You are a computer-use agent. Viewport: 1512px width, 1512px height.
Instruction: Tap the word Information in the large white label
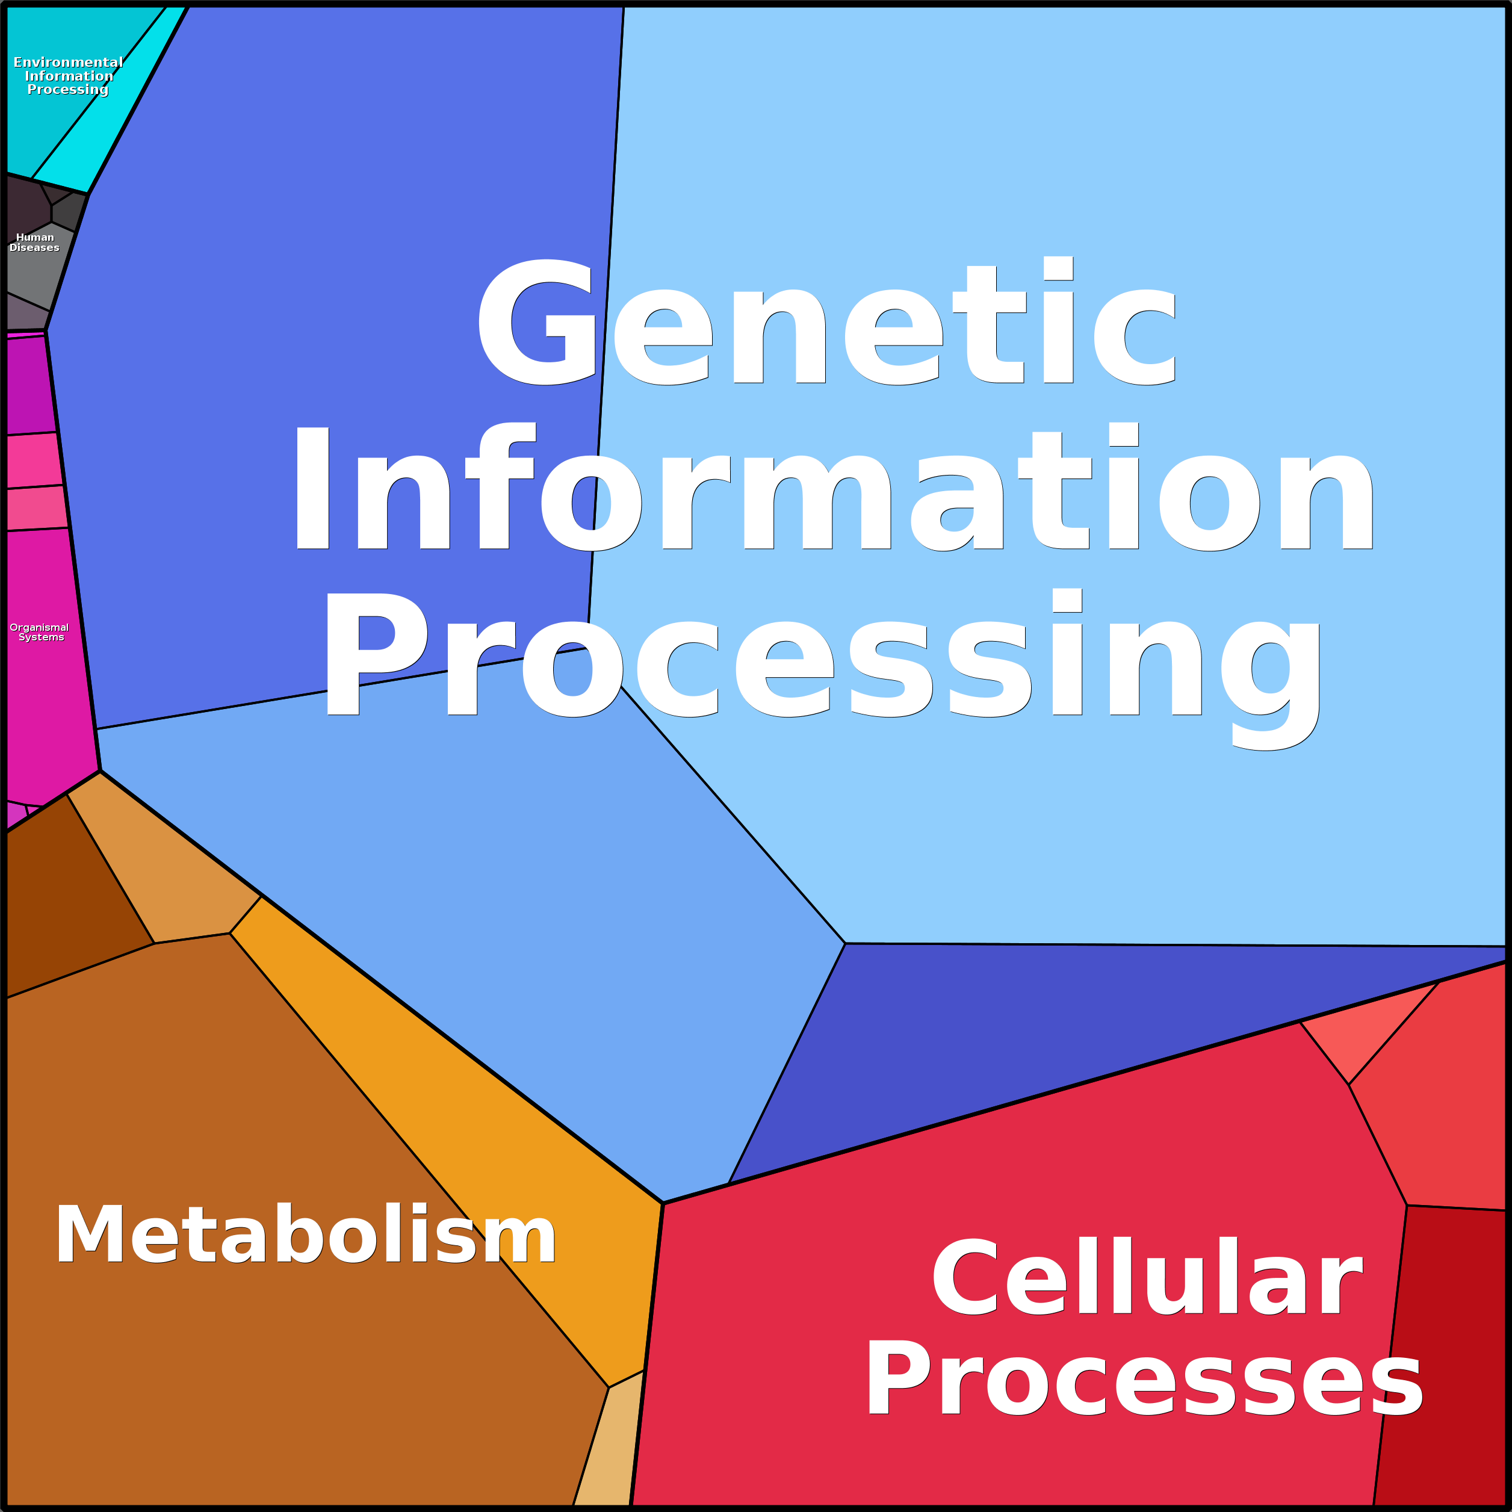coord(831,489)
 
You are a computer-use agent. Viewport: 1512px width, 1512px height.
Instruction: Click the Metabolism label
coord(305,1236)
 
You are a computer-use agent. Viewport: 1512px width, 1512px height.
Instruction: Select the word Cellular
coord(1147,1280)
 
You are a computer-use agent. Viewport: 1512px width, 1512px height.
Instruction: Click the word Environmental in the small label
coord(68,63)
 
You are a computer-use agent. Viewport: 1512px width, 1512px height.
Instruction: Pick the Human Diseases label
coord(34,243)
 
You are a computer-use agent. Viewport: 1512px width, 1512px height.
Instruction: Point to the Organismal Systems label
coord(39,633)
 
